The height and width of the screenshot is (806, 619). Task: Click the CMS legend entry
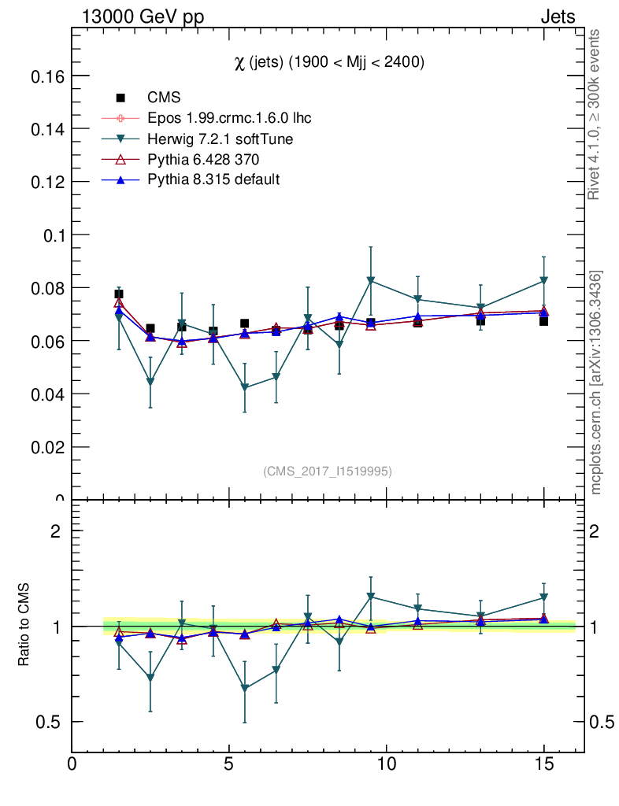point(164,98)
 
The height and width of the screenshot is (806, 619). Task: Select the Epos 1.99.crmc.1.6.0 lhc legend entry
point(229,119)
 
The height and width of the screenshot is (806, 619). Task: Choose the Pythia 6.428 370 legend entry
point(206,160)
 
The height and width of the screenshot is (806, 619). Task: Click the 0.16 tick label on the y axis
point(46,76)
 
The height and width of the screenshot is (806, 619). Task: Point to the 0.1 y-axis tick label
point(53,235)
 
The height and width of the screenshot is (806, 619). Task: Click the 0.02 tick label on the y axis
point(46,447)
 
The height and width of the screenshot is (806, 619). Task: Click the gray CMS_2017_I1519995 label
point(327,471)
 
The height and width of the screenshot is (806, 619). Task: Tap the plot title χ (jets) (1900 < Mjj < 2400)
point(329,64)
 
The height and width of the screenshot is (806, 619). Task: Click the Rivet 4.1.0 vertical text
point(595,114)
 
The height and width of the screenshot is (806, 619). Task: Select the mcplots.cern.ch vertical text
point(596,382)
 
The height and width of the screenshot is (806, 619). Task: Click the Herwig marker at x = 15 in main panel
point(543,280)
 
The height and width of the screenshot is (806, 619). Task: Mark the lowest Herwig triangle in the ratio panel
point(245,688)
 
